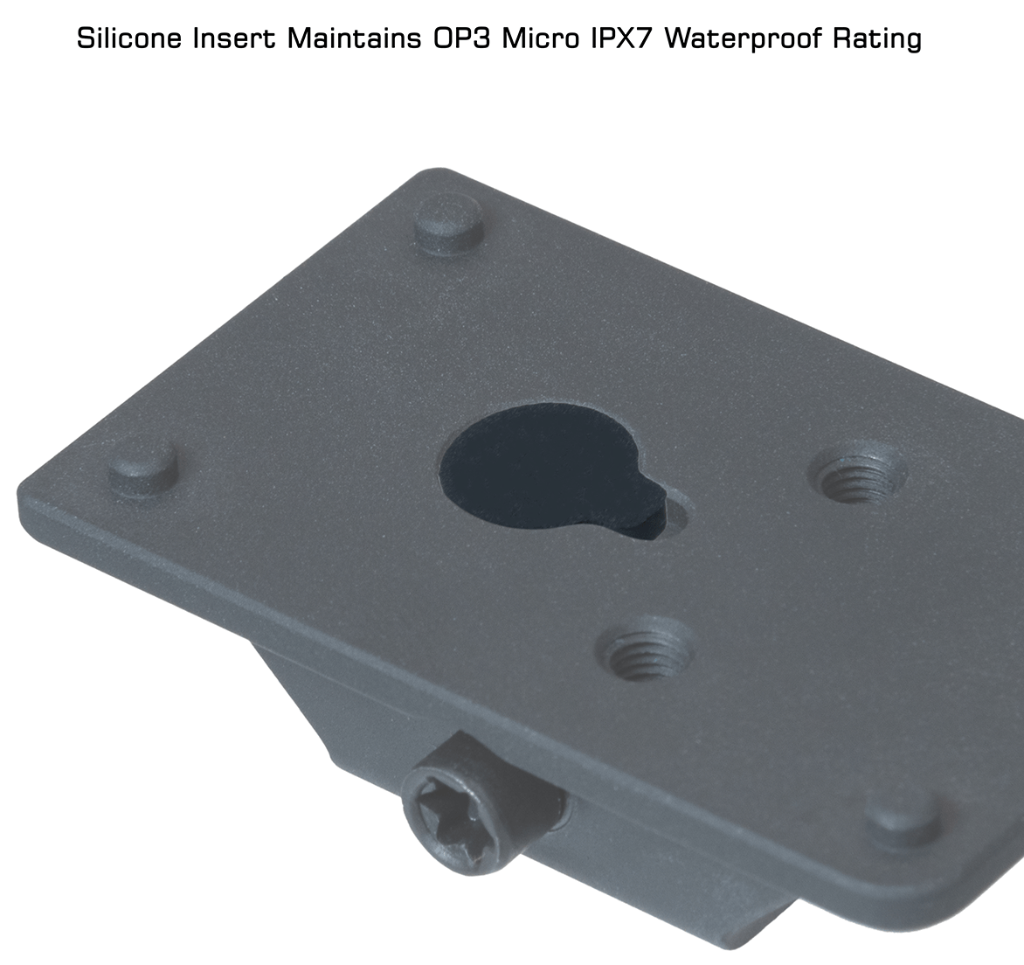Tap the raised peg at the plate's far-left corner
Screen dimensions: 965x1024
(143, 469)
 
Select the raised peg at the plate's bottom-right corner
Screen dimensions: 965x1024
(903, 823)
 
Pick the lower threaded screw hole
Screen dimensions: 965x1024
(647, 648)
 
